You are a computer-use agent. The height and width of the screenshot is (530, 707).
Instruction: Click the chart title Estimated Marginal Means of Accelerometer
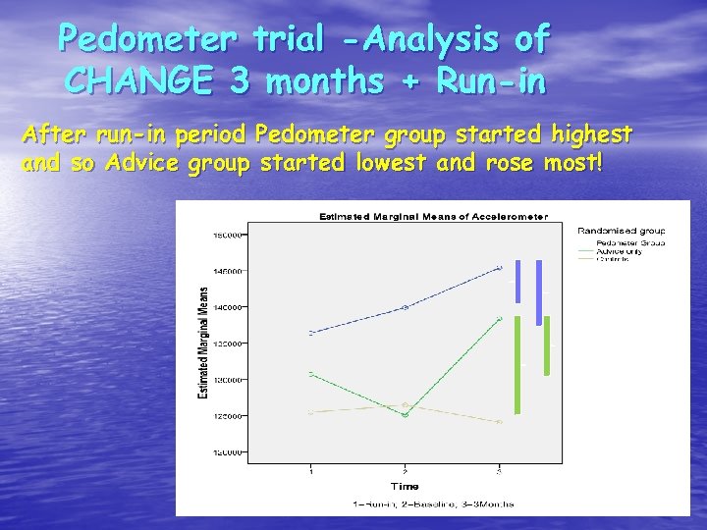431,216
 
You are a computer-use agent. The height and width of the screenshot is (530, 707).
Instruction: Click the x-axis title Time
404,486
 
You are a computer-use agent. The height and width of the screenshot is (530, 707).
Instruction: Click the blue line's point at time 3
499,267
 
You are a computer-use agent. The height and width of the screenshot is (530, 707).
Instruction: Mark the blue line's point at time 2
405,307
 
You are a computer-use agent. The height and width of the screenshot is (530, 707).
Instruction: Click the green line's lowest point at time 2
405,415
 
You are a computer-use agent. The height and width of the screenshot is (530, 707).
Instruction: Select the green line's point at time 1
311,374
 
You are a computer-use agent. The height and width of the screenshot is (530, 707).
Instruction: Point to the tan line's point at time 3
499,422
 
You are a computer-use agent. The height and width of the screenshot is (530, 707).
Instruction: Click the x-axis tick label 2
405,472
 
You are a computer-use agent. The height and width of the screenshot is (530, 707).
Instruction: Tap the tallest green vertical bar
517,370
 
